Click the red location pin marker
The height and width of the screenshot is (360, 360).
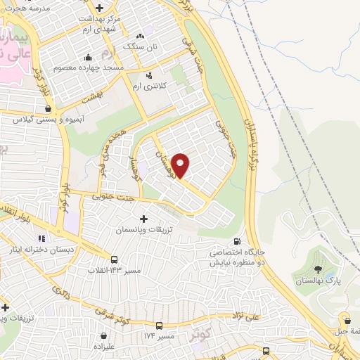click(181, 165)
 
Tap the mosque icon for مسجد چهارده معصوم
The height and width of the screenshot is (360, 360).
click(88, 58)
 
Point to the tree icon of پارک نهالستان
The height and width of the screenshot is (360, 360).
click(319, 269)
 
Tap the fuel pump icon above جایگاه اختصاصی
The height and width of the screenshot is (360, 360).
click(245, 241)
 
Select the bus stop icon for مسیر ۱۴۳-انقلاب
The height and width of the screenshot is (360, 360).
click(115, 259)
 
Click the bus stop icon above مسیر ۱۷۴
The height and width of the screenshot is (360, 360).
click(160, 326)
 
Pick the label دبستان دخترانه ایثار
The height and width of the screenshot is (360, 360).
click(58, 250)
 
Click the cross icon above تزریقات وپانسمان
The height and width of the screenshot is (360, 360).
click(144, 219)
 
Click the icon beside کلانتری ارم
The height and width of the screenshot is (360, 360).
click(149, 75)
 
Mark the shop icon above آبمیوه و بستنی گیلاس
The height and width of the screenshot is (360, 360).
click(48, 109)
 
